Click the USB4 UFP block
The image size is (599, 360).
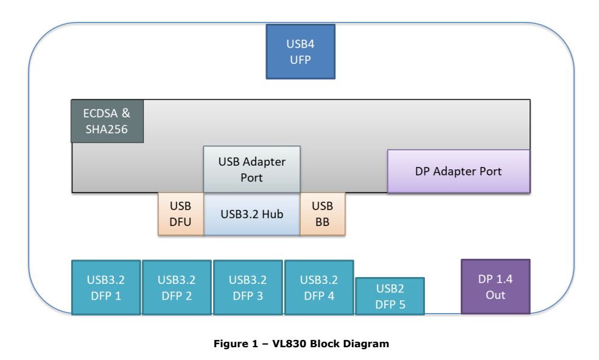click(x=301, y=52)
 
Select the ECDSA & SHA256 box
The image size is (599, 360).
click(x=107, y=121)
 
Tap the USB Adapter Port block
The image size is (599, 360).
click(x=251, y=169)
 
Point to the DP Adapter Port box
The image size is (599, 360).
click(x=458, y=171)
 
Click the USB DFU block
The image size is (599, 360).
click(x=180, y=214)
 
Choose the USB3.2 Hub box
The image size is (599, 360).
click(x=252, y=214)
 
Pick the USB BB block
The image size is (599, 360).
click(x=322, y=214)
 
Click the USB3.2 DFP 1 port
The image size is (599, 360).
click(x=106, y=288)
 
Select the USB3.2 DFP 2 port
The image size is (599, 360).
click(x=177, y=288)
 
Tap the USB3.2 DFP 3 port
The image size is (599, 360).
click(x=248, y=288)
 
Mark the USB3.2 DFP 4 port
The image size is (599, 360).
click(x=319, y=288)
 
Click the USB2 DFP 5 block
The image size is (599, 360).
click(x=390, y=296)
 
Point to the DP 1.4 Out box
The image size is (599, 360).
click(x=496, y=286)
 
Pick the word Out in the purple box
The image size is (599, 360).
click(x=496, y=295)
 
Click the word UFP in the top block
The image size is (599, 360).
click(x=301, y=60)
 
